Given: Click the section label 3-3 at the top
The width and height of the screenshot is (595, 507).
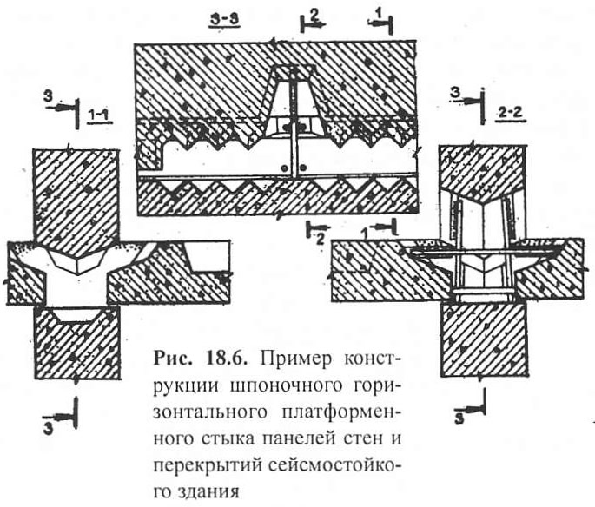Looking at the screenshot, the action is pyautogui.click(x=223, y=21).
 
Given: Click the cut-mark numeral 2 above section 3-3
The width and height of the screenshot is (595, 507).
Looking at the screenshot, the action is pyautogui.click(x=314, y=15).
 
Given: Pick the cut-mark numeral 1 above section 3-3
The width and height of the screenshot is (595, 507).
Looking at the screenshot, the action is pyautogui.click(x=378, y=14).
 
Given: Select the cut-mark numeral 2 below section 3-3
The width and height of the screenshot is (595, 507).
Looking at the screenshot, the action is pyautogui.click(x=321, y=240).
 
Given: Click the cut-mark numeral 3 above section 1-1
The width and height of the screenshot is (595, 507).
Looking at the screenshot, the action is pyautogui.click(x=48, y=96).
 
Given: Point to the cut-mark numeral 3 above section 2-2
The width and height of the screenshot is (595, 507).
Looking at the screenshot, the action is pyautogui.click(x=456, y=92).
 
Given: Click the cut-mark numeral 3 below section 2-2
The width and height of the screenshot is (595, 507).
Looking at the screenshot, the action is pyautogui.click(x=459, y=418).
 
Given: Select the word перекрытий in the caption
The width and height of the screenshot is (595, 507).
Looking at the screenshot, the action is pyautogui.click(x=208, y=467).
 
